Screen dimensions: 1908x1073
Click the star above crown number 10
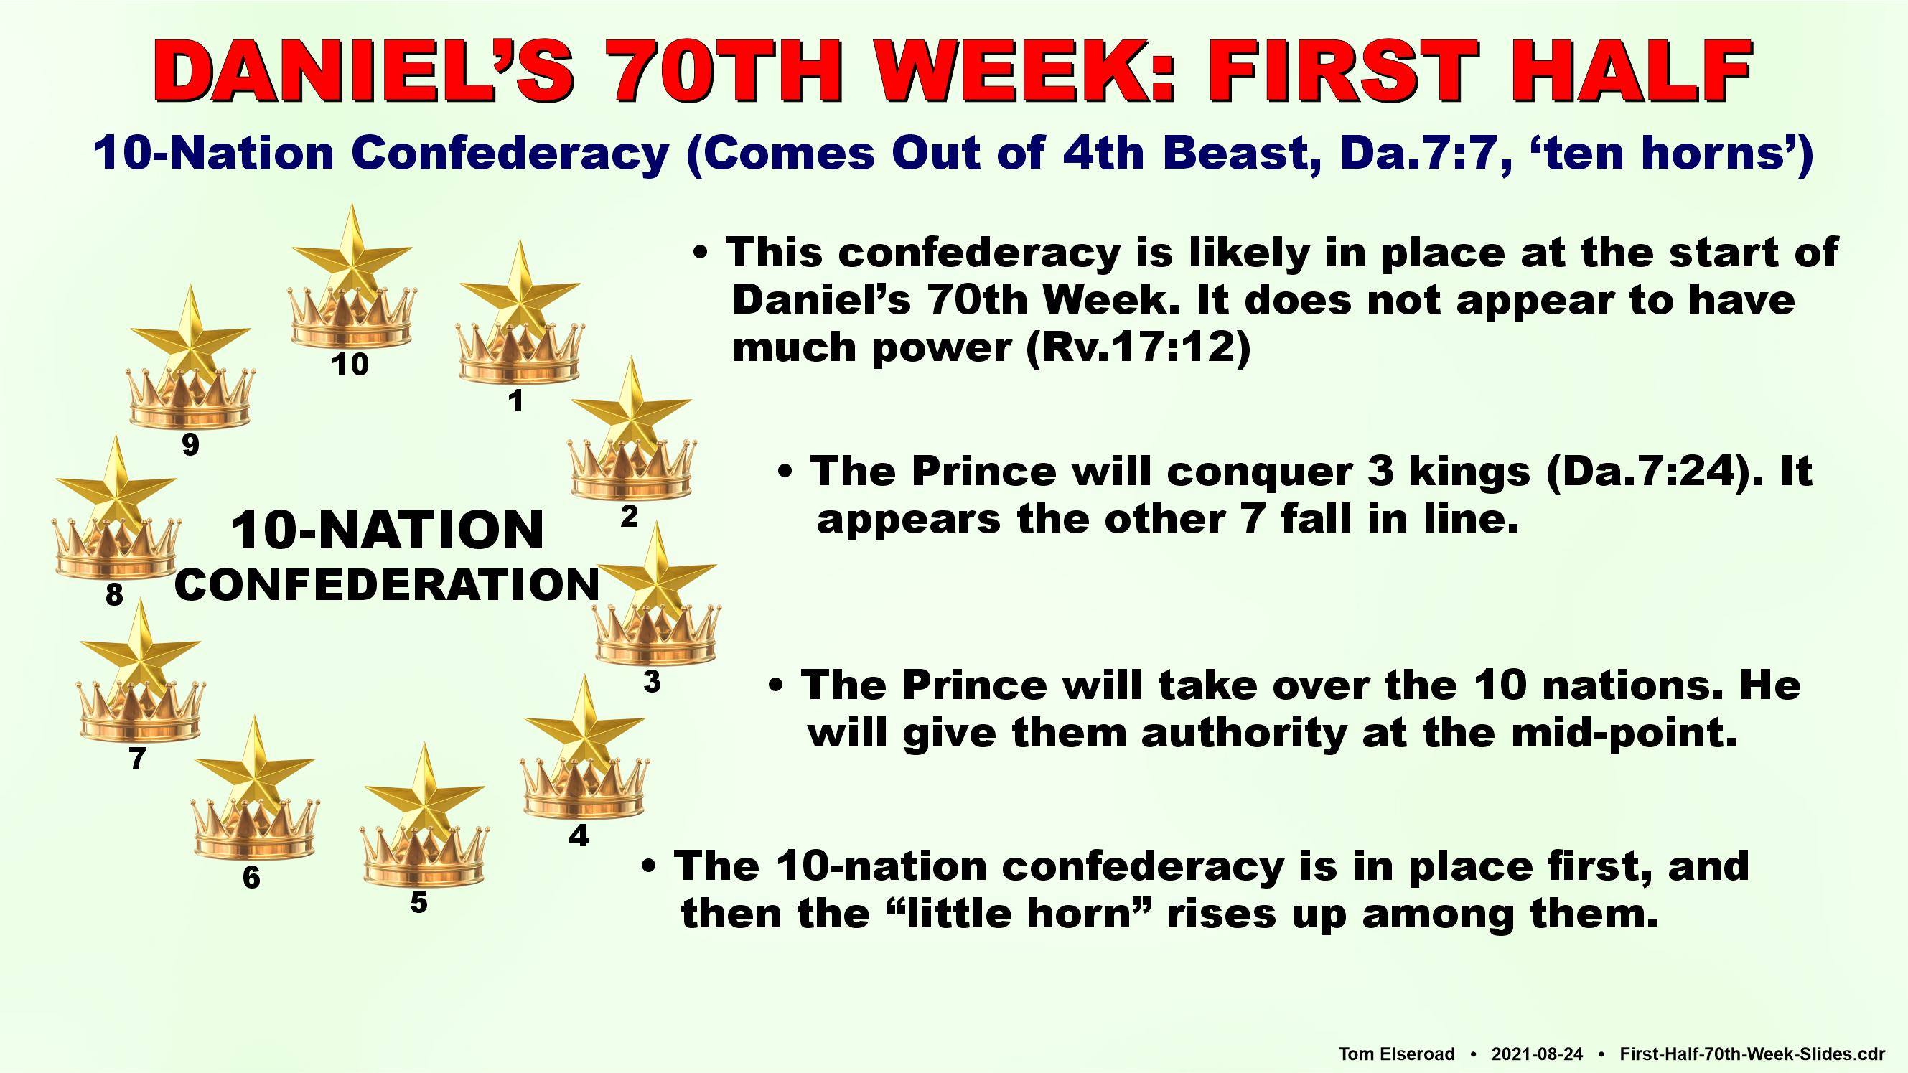pyautogui.click(x=352, y=256)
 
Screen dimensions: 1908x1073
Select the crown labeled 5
pyautogui.click(x=424, y=856)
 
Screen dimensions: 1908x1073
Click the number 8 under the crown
pyautogui.click(x=114, y=594)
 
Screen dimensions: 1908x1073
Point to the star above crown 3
pyautogui.click(x=656, y=574)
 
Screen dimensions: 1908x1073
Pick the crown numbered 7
pyautogui.click(x=141, y=711)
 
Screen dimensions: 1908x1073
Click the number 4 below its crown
pyautogui.click(x=579, y=835)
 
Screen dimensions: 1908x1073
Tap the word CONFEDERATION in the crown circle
pyautogui.click(x=387, y=584)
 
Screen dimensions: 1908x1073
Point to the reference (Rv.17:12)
pyautogui.click(x=1138, y=347)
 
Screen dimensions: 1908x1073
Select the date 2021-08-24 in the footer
pyautogui.click(x=1537, y=1054)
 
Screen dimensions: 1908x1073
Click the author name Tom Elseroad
pyautogui.click(x=1396, y=1054)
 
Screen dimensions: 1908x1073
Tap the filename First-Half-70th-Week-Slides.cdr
pyautogui.click(x=1752, y=1054)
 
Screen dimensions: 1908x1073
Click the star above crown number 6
pyautogui.click(x=254, y=767)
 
